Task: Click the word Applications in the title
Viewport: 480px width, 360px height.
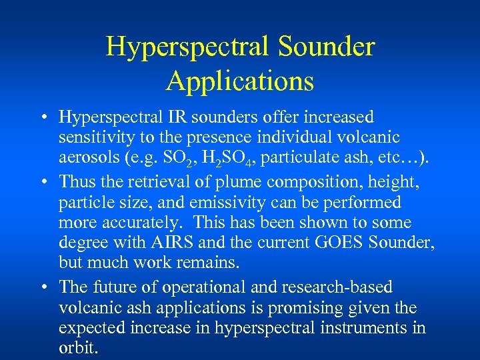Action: click(x=240, y=81)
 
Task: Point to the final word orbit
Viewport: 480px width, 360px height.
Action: click(x=78, y=348)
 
